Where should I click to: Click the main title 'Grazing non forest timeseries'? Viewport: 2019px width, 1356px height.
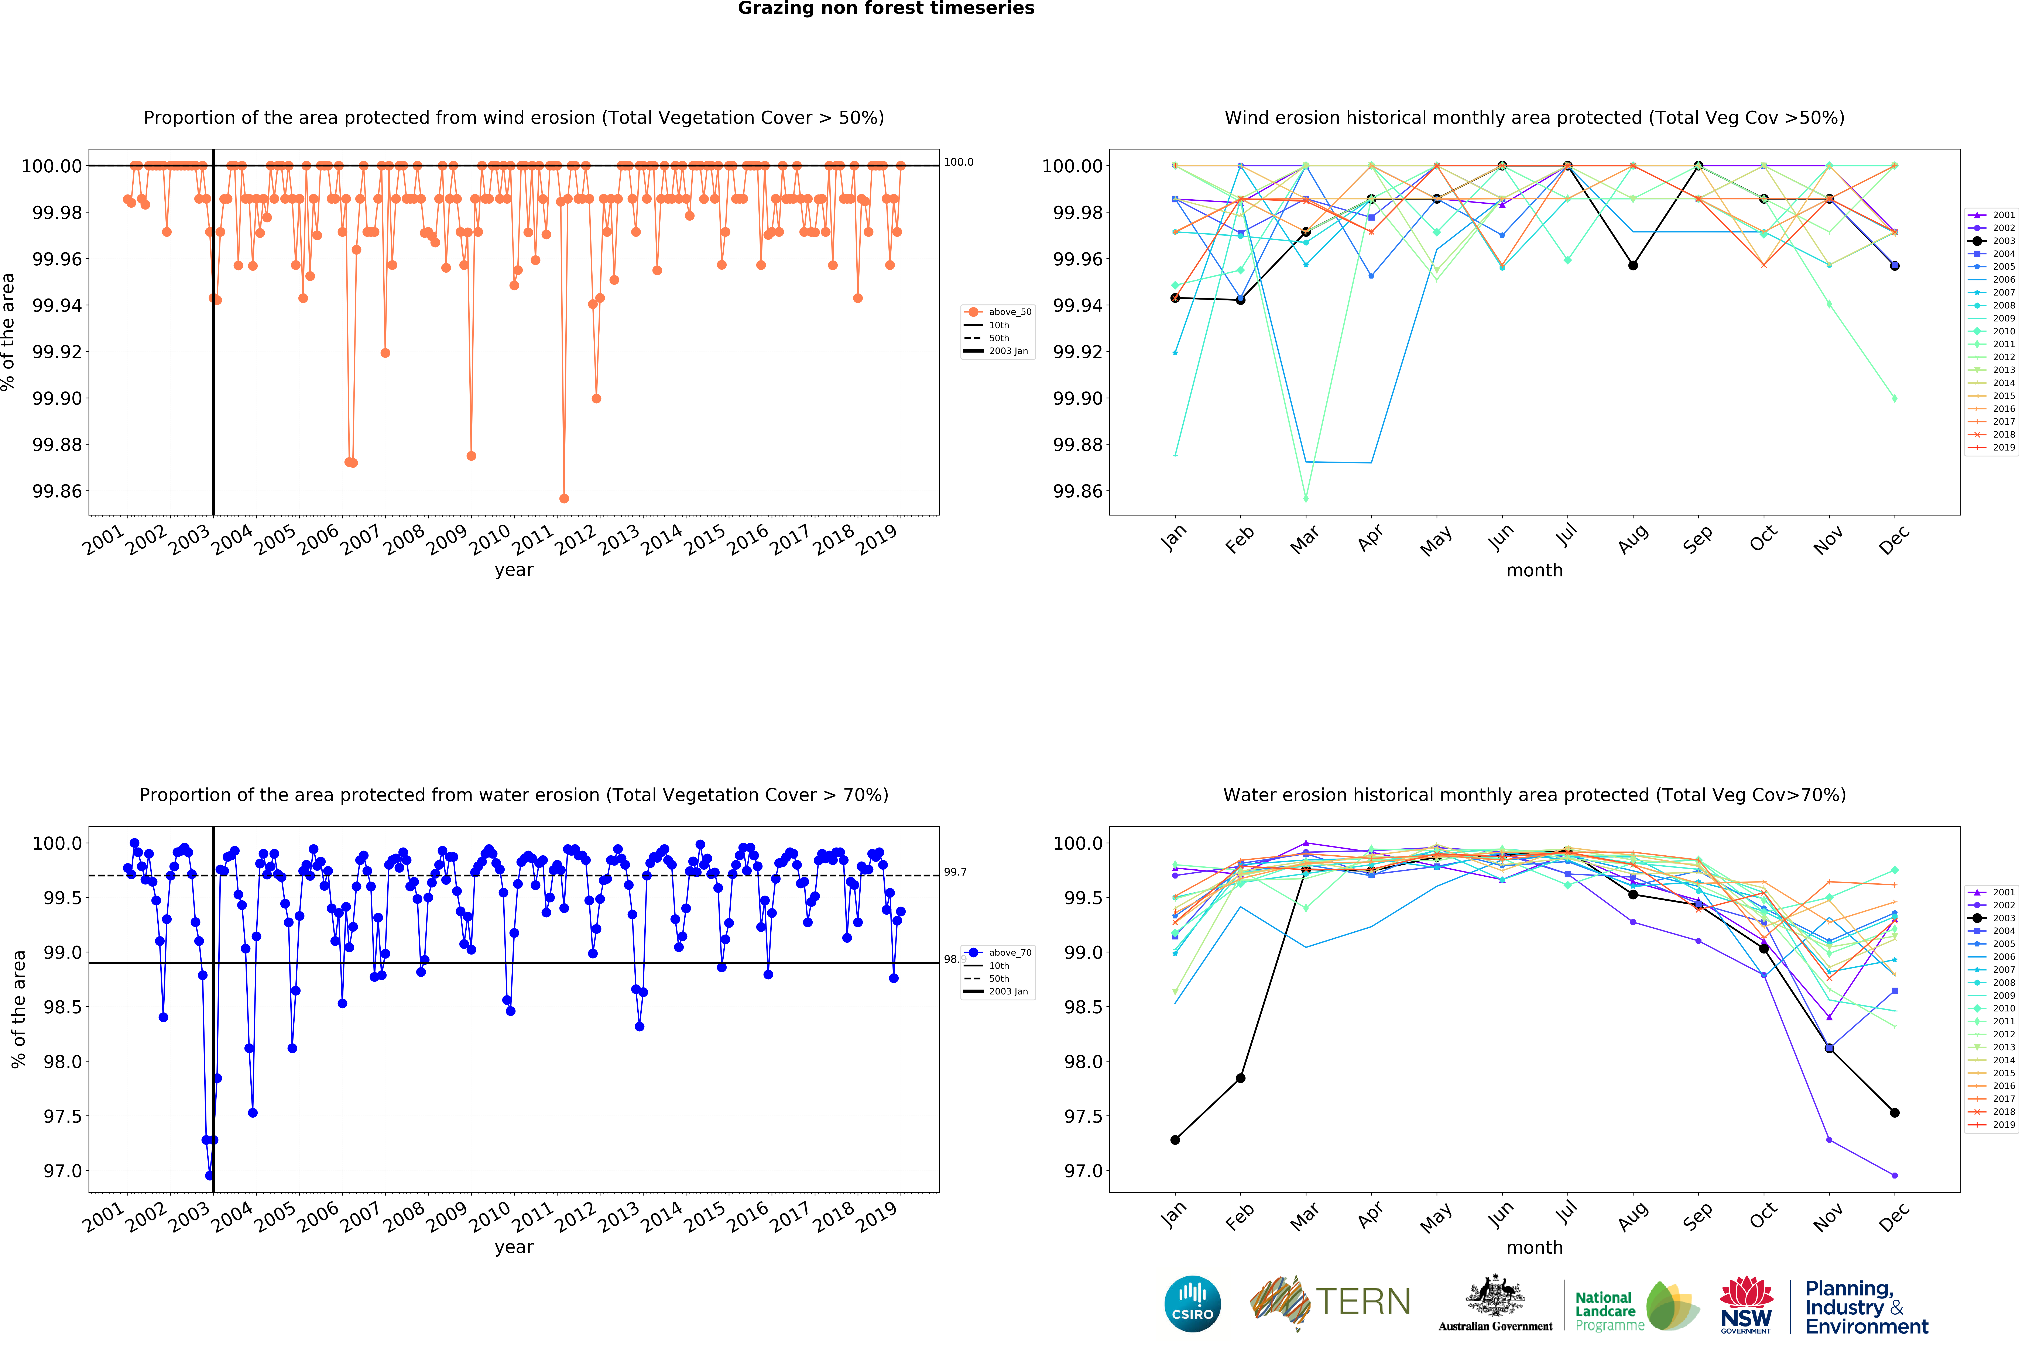pyautogui.click(x=886, y=9)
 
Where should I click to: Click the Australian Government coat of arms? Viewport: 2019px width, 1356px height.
pyautogui.click(x=1495, y=1297)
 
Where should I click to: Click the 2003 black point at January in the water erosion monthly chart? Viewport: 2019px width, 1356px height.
pyautogui.click(x=1175, y=1140)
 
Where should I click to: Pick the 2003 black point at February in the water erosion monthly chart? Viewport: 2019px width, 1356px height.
pyautogui.click(x=1240, y=1078)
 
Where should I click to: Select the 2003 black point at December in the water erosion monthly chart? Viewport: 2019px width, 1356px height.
pyautogui.click(x=1895, y=1113)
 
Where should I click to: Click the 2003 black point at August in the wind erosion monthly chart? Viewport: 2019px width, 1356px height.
pyautogui.click(x=1632, y=266)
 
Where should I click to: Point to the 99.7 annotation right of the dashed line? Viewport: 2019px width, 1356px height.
pyautogui.click(x=955, y=872)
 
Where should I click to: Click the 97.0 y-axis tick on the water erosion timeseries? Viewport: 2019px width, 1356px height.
pyautogui.click(x=63, y=1171)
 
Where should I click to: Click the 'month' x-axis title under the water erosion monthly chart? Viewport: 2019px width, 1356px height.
pyautogui.click(x=1534, y=1247)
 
